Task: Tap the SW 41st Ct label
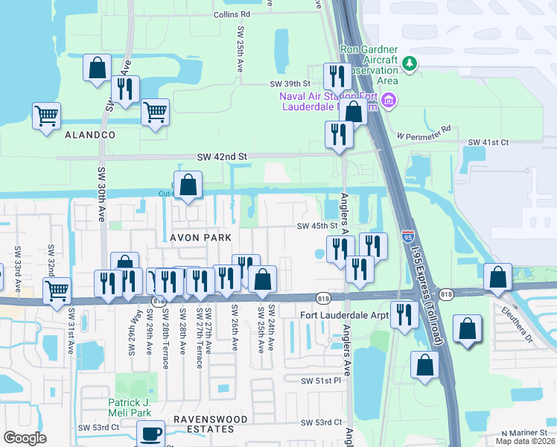tap(488, 142)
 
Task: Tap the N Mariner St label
tap(523, 433)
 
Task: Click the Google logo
tap(25, 438)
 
